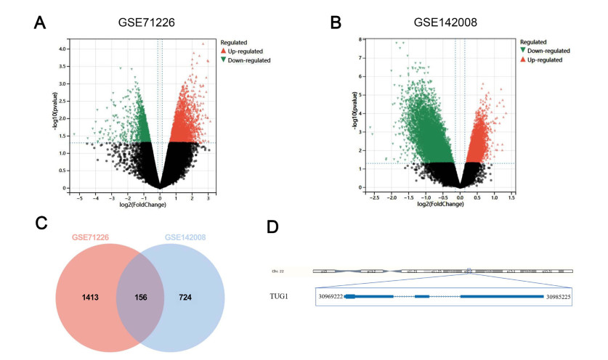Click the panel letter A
click(x=42, y=22)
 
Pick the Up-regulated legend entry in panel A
click(x=246, y=51)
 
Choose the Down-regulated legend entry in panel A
click(x=249, y=60)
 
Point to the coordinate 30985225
click(x=559, y=297)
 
